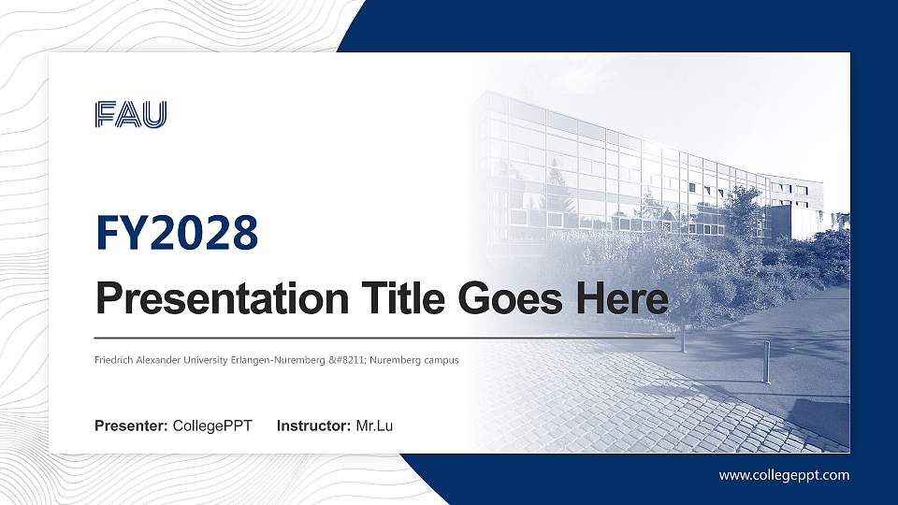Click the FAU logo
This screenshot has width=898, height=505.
(x=131, y=114)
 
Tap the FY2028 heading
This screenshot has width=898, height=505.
(x=177, y=233)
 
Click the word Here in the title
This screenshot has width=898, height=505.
(x=622, y=299)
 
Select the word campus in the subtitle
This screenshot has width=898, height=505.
(x=437, y=360)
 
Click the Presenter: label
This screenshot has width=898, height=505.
(x=131, y=426)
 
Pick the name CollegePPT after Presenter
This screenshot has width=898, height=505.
(x=212, y=426)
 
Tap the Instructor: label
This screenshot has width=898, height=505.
(x=314, y=426)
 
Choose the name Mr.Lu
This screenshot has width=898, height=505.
(x=374, y=426)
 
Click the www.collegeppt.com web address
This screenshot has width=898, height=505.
(x=784, y=475)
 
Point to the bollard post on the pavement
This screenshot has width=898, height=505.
(x=767, y=362)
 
